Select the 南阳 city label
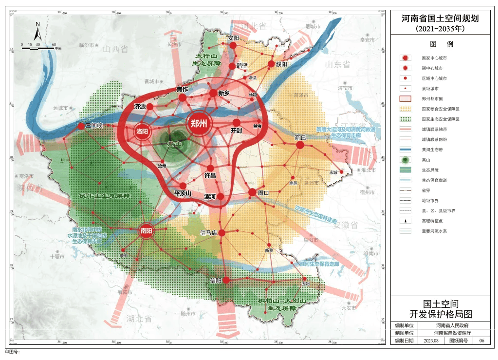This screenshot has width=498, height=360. click(147, 230)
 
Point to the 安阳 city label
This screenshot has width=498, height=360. click(234, 38)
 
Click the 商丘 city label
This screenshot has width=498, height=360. click(300, 138)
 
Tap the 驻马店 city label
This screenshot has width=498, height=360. click(207, 233)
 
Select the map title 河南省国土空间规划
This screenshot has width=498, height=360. click(440, 19)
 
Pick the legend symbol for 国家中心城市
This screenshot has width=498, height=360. click(406, 57)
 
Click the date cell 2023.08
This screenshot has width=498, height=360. click(431, 341)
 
